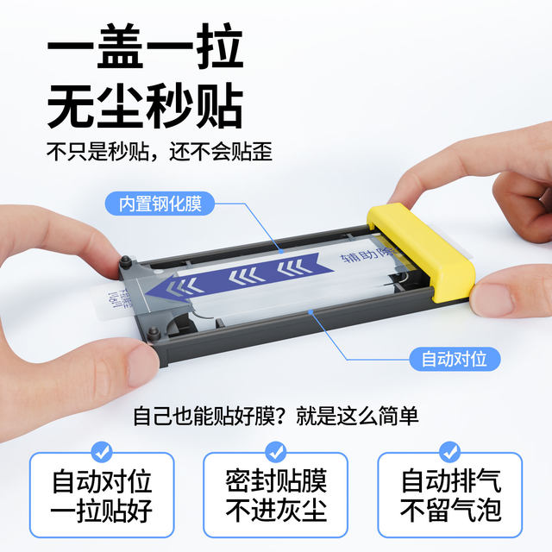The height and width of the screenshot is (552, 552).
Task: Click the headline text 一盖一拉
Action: point(144,53)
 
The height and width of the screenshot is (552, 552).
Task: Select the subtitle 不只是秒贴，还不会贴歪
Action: point(160,153)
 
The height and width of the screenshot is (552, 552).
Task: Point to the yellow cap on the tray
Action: point(429,254)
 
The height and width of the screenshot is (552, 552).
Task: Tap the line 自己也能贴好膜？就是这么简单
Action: point(276,417)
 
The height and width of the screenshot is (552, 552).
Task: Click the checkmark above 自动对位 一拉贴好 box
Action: point(102,451)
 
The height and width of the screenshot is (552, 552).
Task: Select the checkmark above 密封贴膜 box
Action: point(275,451)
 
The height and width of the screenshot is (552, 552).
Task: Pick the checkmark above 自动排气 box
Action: point(449,451)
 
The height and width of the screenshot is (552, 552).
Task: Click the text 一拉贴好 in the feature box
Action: point(102,511)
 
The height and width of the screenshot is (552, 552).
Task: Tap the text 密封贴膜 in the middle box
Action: point(276,480)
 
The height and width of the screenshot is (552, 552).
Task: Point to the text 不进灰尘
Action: point(276,511)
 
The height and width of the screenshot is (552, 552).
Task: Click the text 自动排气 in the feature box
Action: point(450,480)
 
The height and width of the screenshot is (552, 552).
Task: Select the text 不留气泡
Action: point(450,511)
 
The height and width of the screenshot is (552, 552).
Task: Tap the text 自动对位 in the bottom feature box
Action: point(102,480)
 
